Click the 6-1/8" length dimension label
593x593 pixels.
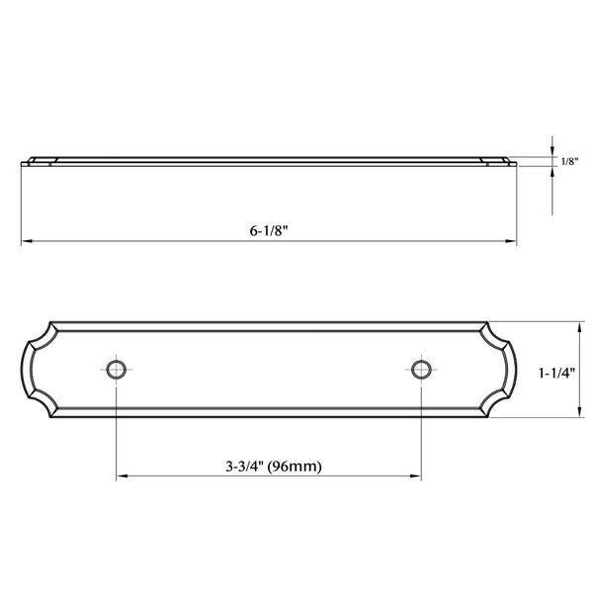point(269,230)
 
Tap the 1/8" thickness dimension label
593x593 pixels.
point(569,162)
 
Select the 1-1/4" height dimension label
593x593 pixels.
point(556,374)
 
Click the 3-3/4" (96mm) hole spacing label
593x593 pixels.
point(274,466)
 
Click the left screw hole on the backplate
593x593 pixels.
point(116,370)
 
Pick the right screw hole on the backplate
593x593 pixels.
point(421,370)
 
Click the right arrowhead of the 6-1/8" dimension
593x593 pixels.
point(511,240)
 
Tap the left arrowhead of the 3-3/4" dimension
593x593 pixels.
point(122,476)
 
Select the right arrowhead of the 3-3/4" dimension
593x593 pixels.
point(416,476)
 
